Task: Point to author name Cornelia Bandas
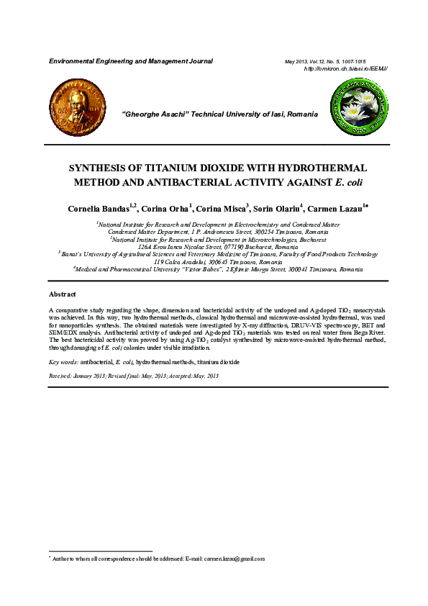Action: (x=99, y=209)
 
